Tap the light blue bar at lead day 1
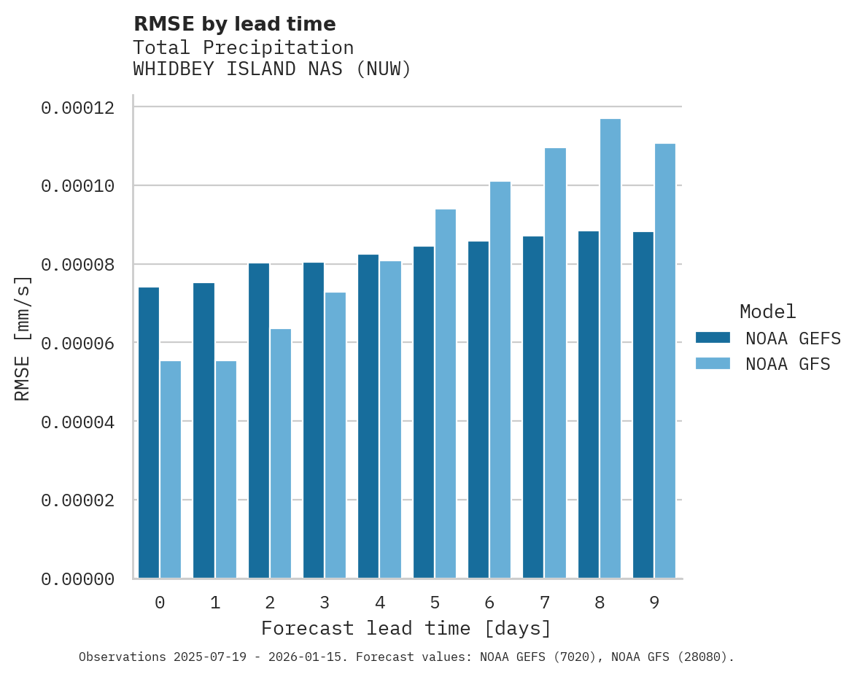[226, 470]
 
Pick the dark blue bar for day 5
[424, 412]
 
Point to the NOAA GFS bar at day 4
[390, 419]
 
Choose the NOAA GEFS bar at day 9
[643, 405]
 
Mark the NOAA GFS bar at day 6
[500, 379]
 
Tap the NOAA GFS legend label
[788, 364]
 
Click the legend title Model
[767, 312]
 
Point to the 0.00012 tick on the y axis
[77, 108]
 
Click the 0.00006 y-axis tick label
[77, 344]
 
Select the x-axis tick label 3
[325, 603]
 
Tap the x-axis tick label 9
[654, 603]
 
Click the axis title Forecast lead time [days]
[406, 628]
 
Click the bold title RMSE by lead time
[234, 24]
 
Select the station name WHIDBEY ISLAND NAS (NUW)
[272, 69]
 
